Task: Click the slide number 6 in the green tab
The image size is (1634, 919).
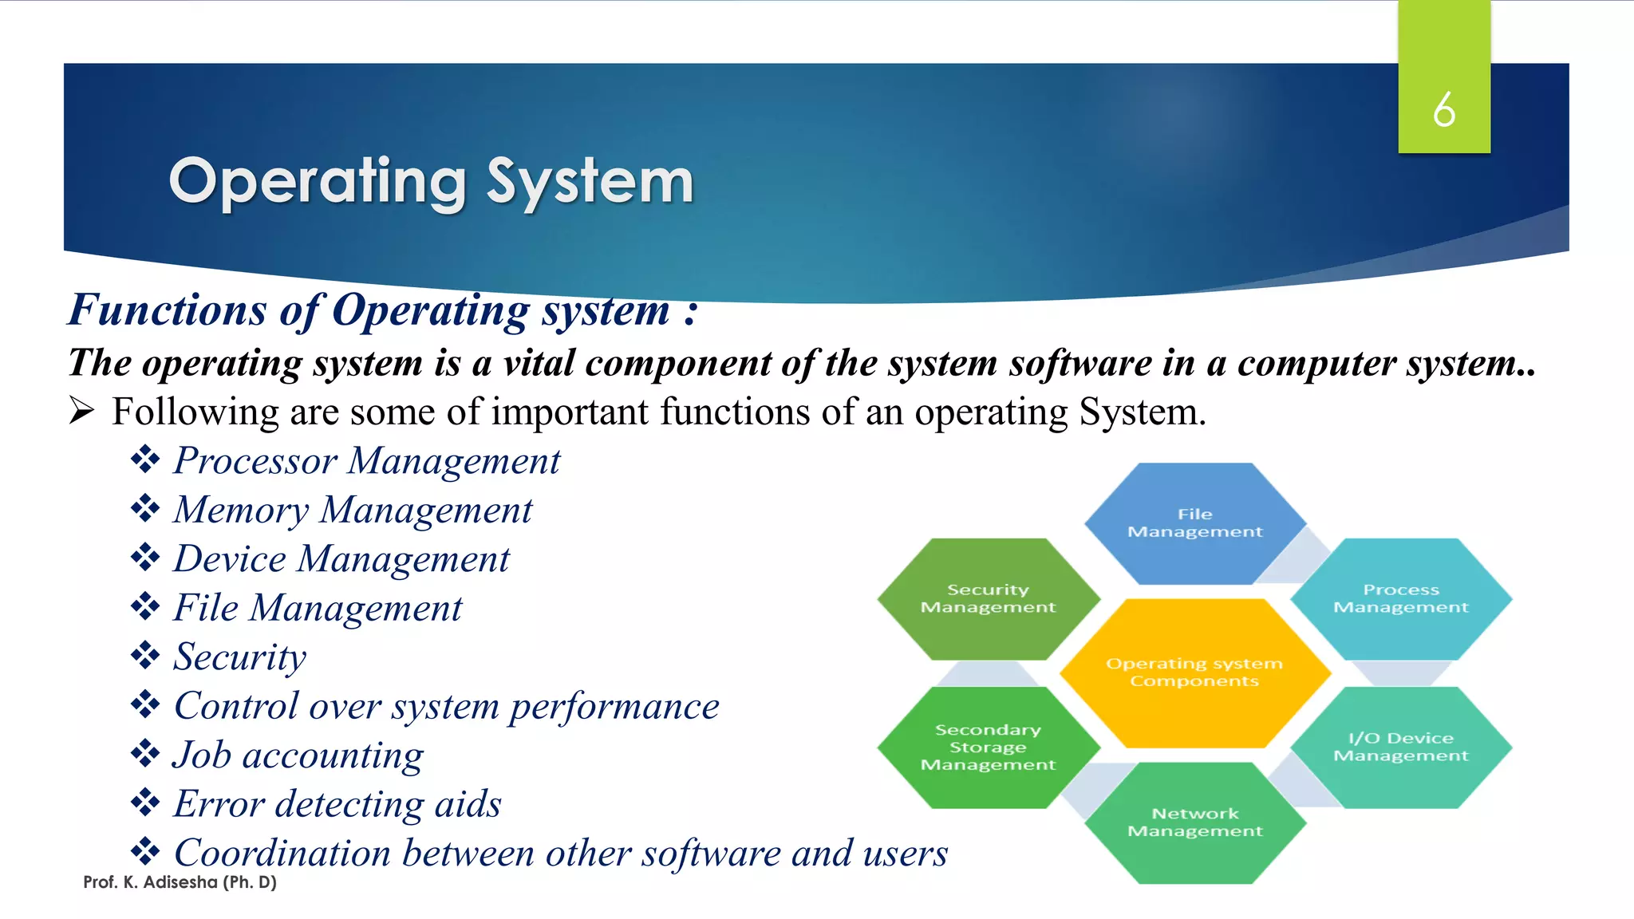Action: click(x=1443, y=109)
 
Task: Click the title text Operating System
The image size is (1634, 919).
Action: click(x=431, y=182)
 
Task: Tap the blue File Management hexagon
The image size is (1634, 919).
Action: click(x=1194, y=523)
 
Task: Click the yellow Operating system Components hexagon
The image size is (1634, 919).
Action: click(x=1194, y=672)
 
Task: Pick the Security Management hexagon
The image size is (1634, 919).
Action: click(x=988, y=598)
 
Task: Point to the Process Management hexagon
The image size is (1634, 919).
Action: click(x=1400, y=598)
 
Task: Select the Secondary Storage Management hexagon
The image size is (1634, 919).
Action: click(x=988, y=747)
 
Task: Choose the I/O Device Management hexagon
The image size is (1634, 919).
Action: click(x=1400, y=747)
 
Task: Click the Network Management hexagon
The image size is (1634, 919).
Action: click(x=1194, y=822)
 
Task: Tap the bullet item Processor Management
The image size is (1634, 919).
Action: click(x=367, y=461)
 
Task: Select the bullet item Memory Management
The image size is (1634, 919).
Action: click(x=353, y=511)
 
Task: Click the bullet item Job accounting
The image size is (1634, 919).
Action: click(x=298, y=755)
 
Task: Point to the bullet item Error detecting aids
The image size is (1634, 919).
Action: click(x=337, y=804)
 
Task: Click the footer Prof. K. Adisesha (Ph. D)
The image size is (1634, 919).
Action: click(x=180, y=882)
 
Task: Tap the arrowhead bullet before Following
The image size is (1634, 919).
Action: click(x=81, y=412)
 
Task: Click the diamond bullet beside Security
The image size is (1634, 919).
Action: click(x=145, y=656)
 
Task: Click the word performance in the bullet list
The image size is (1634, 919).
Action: click(x=614, y=707)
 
